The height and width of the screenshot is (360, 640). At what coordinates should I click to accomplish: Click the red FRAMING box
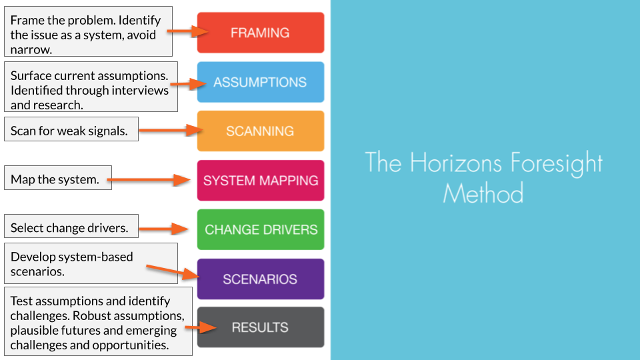[x=260, y=33]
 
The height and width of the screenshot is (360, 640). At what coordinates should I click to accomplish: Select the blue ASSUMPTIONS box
[x=260, y=82]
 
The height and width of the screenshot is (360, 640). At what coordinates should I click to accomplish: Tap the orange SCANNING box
[x=260, y=131]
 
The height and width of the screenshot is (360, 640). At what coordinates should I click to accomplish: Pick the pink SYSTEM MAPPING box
[x=260, y=180]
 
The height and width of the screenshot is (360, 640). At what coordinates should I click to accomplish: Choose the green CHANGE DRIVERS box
[x=260, y=229]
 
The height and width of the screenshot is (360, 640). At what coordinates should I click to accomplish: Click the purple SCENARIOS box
[x=260, y=279]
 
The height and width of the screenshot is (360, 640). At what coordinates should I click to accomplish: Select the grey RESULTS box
[x=260, y=327]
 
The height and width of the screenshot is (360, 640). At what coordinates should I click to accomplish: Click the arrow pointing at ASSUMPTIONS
[x=189, y=84]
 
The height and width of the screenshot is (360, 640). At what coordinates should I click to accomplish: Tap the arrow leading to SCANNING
[x=167, y=131]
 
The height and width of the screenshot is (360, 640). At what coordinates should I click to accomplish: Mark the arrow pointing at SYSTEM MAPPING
[x=150, y=179]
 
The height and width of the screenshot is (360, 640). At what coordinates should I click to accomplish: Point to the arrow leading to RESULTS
[x=200, y=327]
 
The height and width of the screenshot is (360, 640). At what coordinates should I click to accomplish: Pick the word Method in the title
[x=483, y=193]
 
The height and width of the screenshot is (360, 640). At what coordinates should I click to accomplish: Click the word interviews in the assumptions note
[x=140, y=90]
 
